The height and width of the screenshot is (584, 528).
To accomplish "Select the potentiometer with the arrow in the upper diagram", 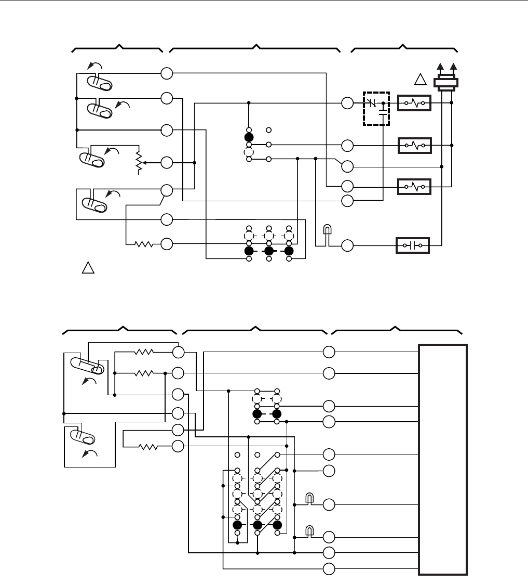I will pyautogui.click(x=138, y=162).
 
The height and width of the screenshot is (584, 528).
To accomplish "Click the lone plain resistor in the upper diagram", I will pyautogui.click(x=144, y=244).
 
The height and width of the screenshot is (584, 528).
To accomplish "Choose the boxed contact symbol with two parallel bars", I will pyautogui.click(x=413, y=245).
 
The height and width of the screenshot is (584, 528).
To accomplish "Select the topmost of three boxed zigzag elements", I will pyautogui.click(x=414, y=103).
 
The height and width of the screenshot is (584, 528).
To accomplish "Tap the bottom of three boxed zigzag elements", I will pyautogui.click(x=414, y=186).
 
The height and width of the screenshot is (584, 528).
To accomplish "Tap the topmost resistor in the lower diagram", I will pyautogui.click(x=144, y=352).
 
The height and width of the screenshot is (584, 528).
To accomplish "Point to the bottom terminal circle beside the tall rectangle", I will pyautogui.click(x=328, y=568).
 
